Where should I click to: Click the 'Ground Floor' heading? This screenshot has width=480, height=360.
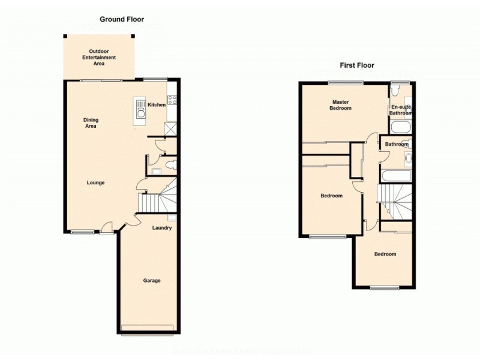click(x=122, y=19)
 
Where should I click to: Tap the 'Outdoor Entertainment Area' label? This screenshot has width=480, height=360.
click(x=99, y=57)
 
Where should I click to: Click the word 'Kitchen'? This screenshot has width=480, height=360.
click(x=157, y=105)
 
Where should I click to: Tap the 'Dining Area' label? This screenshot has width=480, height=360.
click(x=90, y=123)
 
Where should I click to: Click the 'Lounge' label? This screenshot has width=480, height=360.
click(x=96, y=182)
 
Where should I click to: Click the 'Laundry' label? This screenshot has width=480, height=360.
click(x=162, y=228)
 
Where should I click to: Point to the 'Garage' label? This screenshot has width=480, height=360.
click(x=151, y=280)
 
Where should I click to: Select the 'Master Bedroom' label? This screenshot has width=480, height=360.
click(x=340, y=105)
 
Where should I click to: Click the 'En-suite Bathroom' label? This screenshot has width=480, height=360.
click(x=400, y=110)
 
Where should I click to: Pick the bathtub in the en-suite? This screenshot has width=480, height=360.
click(x=400, y=127)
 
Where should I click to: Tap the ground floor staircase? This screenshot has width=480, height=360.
click(x=158, y=197)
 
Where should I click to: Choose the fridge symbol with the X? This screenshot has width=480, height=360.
click(x=170, y=128)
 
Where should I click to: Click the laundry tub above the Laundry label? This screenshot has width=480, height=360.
click(x=172, y=218)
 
